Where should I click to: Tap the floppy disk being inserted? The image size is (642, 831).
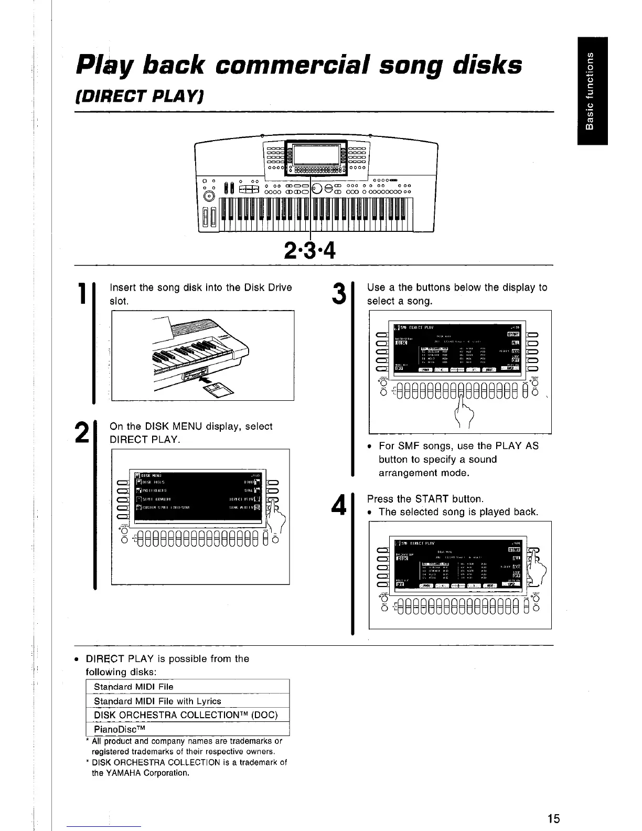[220, 391]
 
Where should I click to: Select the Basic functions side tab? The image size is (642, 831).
[591, 91]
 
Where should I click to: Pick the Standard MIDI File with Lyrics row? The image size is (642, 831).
[157, 701]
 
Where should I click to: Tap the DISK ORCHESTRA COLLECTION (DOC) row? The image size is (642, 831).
[185, 715]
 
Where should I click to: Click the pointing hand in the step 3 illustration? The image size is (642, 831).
[462, 412]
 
